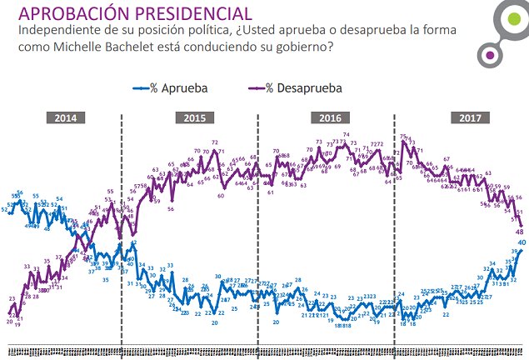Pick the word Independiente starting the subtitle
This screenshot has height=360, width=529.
click(x=53, y=31)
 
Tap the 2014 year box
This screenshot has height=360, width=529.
click(x=66, y=117)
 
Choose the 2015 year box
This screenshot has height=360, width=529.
click(x=195, y=117)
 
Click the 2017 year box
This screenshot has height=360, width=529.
click(x=463, y=117)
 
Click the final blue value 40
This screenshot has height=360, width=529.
click(x=522, y=242)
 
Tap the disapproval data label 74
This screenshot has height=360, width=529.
click(x=346, y=135)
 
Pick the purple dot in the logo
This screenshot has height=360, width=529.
click(x=491, y=55)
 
